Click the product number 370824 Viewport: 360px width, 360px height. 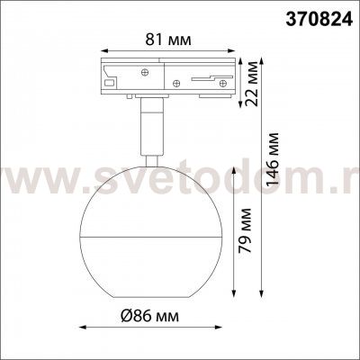click(x=319, y=20)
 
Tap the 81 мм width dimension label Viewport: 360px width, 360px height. click(x=168, y=40)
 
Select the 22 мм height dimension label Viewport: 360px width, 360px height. click(x=251, y=83)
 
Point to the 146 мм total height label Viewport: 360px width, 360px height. click(x=273, y=159)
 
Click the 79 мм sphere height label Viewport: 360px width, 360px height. click(x=244, y=230)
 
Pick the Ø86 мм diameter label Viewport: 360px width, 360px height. click(x=149, y=316)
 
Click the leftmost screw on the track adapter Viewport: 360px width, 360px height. click(x=145, y=72)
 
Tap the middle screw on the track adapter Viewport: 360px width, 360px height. click(x=176, y=83)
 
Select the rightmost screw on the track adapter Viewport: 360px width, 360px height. click(x=222, y=83)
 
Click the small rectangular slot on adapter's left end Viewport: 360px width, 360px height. click(x=110, y=83)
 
